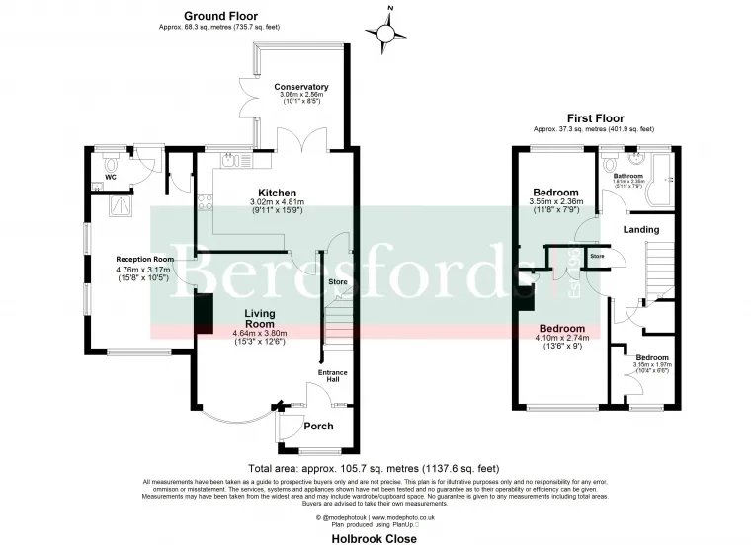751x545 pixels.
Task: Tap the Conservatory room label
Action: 302,87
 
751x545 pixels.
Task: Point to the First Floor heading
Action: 593,118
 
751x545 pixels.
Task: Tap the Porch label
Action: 317,427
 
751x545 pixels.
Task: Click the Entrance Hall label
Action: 331,375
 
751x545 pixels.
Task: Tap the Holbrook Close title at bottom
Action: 375,538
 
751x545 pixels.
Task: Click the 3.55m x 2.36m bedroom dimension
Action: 556,202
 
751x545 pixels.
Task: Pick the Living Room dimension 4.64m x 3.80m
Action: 259,333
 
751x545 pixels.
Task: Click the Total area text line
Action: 375,468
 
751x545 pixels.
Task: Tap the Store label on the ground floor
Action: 338,283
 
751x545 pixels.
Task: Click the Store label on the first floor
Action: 597,257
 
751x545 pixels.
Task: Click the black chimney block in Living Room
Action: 205,311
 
